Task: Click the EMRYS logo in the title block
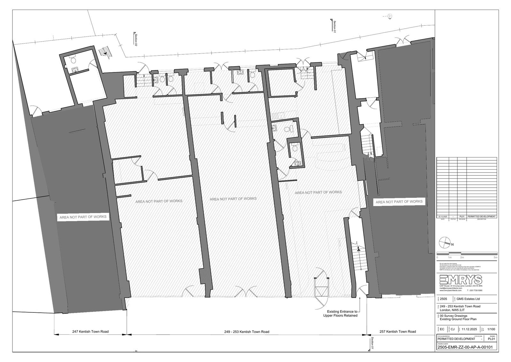[461, 279]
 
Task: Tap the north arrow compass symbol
[444, 243]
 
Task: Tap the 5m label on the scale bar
[495, 257]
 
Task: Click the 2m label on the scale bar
[461, 257]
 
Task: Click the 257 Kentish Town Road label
[398, 332]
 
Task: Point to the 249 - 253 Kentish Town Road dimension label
[247, 332]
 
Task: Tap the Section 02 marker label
[135, 40]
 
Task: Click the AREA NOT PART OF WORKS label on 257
[399, 202]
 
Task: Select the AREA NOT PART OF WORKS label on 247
[83, 217]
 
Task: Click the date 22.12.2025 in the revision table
[443, 217]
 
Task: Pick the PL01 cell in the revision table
[462, 217]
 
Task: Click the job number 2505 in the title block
[443, 299]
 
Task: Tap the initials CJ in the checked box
[453, 329]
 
